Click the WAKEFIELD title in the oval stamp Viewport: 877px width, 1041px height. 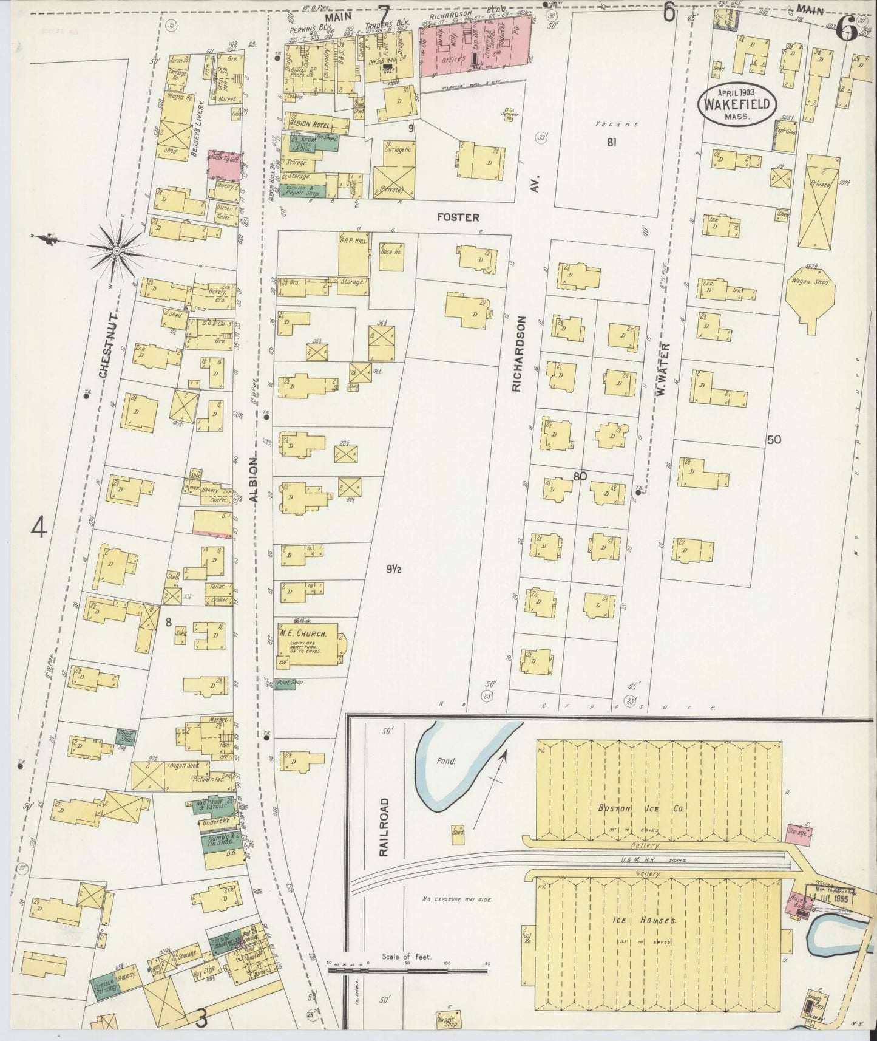pos(737,104)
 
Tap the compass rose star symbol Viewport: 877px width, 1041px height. pos(118,249)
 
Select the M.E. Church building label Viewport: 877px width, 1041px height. pos(303,633)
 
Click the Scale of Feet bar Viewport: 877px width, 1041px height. pos(407,971)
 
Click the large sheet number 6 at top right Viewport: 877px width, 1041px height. pos(846,30)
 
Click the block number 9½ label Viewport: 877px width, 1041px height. pos(395,569)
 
